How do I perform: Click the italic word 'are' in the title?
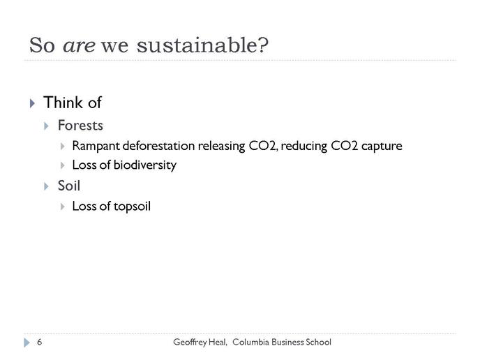(x=79, y=46)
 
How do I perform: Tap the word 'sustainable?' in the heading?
(x=202, y=45)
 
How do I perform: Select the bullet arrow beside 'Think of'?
(x=33, y=103)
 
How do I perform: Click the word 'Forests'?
(x=80, y=126)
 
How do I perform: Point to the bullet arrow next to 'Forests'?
(x=46, y=126)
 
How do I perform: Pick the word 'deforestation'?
(x=158, y=146)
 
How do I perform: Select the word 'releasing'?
(x=221, y=147)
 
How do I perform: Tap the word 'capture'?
(x=382, y=147)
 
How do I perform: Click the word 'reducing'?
(x=303, y=147)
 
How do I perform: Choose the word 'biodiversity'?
(x=145, y=165)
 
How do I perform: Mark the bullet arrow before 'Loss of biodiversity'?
(x=63, y=165)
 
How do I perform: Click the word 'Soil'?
(x=69, y=186)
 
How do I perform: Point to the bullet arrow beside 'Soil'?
(x=46, y=186)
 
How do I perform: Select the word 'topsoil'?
(x=132, y=207)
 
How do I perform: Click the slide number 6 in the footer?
(x=40, y=342)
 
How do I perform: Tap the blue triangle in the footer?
(x=27, y=343)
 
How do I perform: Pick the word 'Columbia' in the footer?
(x=250, y=342)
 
